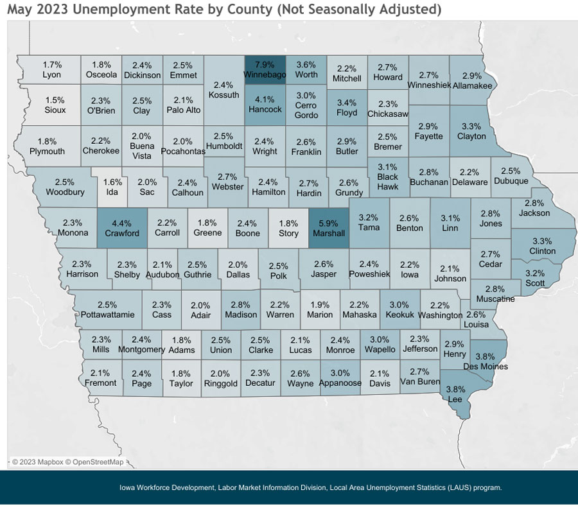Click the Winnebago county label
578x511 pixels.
[x=265, y=75]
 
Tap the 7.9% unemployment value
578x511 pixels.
[x=265, y=65]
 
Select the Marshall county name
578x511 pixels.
[x=329, y=233]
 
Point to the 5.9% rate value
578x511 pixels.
[x=329, y=223]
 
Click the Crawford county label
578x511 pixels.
[x=122, y=233]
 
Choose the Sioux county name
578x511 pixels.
[x=55, y=110]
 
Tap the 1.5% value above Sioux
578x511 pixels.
[x=55, y=100]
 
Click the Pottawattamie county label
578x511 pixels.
[x=108, y=315]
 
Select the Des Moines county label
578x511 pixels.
[x=486, y=367]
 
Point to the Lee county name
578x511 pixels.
[x=455, y=399]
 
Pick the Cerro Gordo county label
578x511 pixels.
[x=306, y=110]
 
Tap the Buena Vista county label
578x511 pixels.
[x=141, y=151]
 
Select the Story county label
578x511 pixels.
[x=289, y=233]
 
